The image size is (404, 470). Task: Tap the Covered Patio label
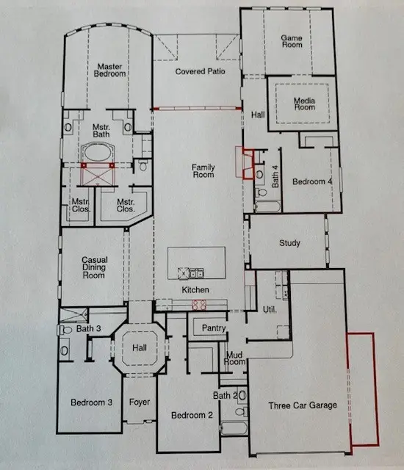pos(200,71)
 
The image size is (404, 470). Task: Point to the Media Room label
pos(304,104)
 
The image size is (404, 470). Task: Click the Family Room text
pos(203,170)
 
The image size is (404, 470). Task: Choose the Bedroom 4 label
pos(311,181)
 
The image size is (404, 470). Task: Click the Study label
pos(289,243)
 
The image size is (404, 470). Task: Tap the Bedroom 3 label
pos(90,402)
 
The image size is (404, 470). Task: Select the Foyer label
pos(140,402)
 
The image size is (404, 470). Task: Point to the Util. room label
pos(269,310)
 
